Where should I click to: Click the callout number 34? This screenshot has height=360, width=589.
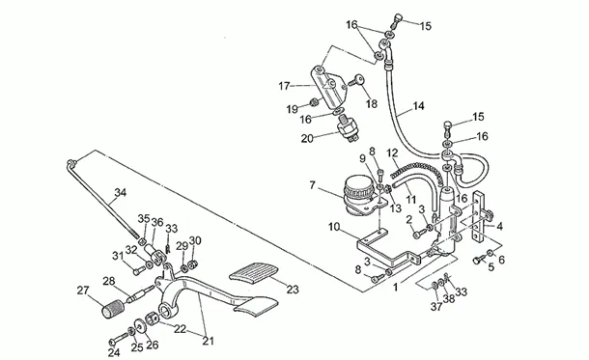(121, 193)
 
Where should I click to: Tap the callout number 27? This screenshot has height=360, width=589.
(83, 291)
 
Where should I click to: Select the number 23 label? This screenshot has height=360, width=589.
(293, 290)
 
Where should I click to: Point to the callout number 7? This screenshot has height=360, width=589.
(312, 185)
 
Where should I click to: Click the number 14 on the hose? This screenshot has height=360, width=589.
(418, 106)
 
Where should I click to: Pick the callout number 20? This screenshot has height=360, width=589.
(307, 139)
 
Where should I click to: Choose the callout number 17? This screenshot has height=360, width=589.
(284, 86)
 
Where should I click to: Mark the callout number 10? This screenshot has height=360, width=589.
(334, 227)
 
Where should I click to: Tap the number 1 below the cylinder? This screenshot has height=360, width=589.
(395, 288)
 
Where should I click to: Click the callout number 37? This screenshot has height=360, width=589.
(436, 307)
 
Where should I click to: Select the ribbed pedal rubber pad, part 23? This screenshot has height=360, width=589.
(254, 271)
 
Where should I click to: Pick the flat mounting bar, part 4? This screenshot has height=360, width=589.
(481, 216)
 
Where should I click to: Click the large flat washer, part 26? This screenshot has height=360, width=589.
(140, 325)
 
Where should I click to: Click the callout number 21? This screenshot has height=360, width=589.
(209, 341)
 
